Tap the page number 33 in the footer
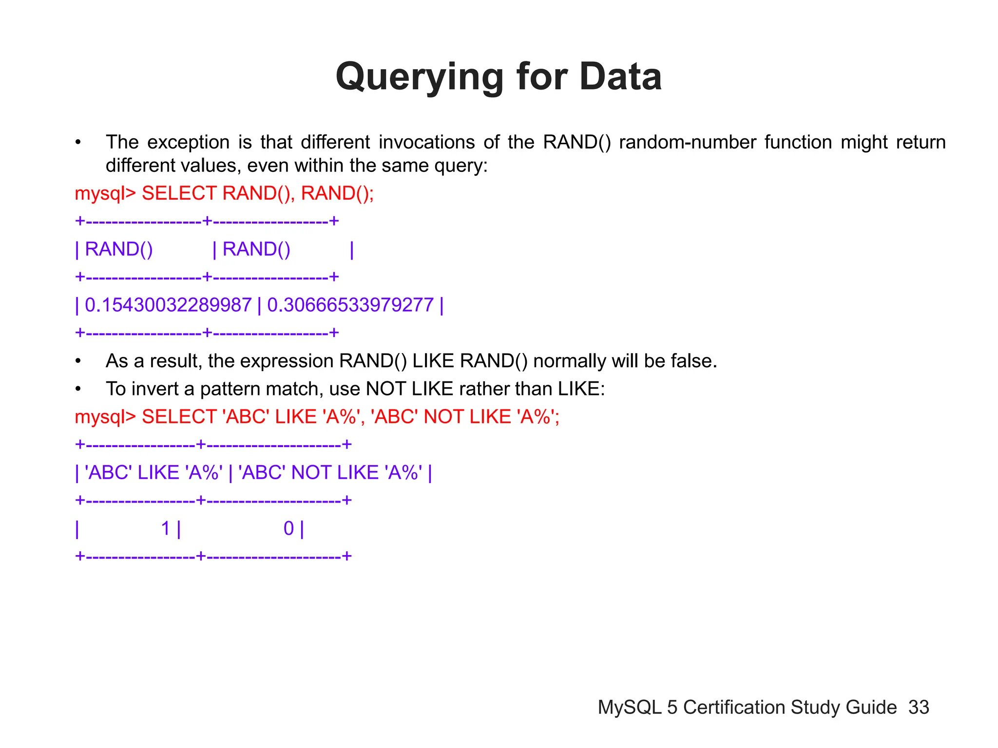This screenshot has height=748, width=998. click(x=919, y=707)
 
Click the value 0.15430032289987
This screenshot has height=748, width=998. click(x=168, y=305)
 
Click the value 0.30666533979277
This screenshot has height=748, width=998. click(x=350, y=305)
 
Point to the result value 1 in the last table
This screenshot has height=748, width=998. click(x=166, y=528)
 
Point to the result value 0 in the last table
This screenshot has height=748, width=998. click(x=288, y=528)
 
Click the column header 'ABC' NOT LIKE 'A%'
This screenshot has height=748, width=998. click(x=330, y=473)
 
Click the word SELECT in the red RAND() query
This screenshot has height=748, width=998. click(x=179, y=194)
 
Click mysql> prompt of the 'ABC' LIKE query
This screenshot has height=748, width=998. click(x=105, y=417)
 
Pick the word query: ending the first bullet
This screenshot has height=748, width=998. click(x=461, y=166)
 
